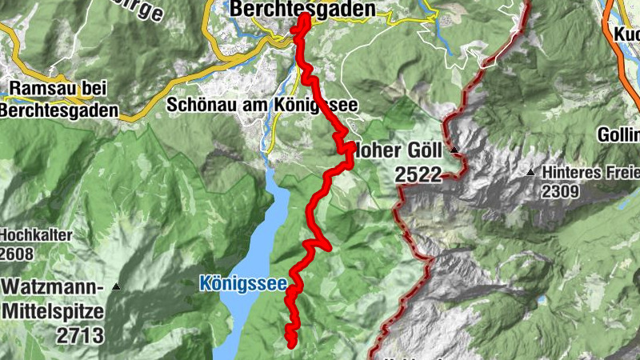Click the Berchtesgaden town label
pos(302,9)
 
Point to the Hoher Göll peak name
pos(403,149)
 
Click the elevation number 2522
pos(418,175)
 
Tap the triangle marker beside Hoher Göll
pos(454,150)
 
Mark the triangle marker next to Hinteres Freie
pos(531,172)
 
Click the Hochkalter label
pos(36,235)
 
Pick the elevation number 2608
pos(18,254)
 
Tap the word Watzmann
pos(53,286)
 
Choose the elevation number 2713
pos(80,335)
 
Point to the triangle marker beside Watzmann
pos(117,286)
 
